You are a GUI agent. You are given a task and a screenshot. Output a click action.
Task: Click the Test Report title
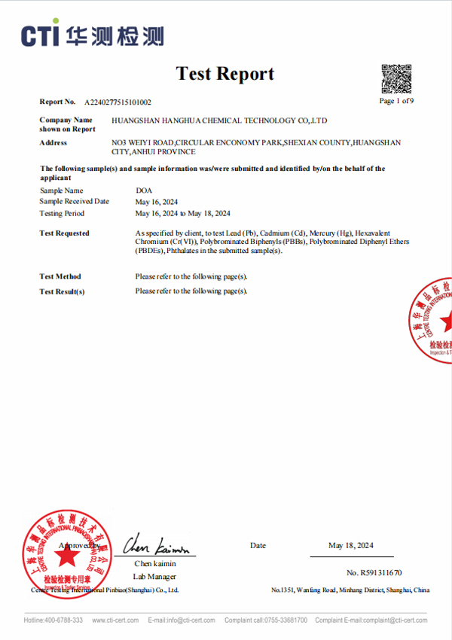pos(224,74)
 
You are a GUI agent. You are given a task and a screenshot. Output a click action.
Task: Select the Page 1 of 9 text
pos(396,101)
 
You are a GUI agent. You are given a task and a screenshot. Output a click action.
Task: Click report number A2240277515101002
pos(118,102)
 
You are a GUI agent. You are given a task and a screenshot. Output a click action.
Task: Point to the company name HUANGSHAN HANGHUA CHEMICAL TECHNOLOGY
pos(219,120)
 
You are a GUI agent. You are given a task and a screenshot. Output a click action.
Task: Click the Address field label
pos(53,142)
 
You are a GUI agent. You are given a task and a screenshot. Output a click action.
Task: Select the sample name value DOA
pos(143,191)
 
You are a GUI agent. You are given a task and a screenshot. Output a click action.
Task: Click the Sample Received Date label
pos(74,202)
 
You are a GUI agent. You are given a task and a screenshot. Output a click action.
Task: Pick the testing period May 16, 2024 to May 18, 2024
pos(182,213)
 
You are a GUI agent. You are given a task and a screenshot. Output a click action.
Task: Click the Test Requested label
pos(64,233)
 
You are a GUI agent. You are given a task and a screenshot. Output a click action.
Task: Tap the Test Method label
pos(60,276)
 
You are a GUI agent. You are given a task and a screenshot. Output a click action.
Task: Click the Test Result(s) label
pos(62,291)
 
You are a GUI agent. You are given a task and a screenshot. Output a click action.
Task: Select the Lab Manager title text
pos(154,576)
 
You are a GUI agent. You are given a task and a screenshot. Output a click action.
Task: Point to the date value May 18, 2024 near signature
pos(350,545)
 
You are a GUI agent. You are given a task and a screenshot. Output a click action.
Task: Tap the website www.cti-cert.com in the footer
pos(115,620)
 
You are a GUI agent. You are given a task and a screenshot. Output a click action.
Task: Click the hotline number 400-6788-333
pos(66,620)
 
